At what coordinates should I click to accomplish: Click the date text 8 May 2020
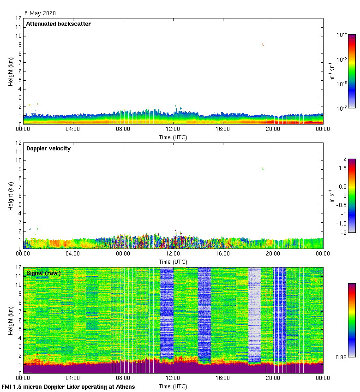click(40, 13)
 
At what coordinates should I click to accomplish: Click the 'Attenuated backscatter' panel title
click(59, 24)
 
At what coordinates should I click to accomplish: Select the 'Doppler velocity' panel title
click(48, 148)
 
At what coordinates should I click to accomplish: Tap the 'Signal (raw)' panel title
click(44, 273)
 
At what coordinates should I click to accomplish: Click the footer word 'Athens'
click(122, 386)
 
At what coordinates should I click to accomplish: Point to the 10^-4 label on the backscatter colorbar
click(342, 35)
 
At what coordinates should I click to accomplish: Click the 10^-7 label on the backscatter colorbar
click(342, 108)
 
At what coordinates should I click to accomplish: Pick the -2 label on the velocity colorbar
click(343, 232)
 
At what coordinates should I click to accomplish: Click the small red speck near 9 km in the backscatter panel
click(263, 44)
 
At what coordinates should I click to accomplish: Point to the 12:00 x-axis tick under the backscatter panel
click(173, 129)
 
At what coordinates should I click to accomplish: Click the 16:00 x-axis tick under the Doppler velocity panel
click(223, 254)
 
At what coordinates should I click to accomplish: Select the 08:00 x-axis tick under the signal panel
click(123, 378)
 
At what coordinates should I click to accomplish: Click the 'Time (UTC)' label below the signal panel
click(173, 386)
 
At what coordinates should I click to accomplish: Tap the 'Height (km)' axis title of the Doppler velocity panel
click(11, 196)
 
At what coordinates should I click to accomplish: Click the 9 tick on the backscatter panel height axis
click(18, 45)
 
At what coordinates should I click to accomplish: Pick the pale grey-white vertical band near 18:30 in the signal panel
click(254, 314)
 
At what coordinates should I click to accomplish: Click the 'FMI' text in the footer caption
click(8, 386)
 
